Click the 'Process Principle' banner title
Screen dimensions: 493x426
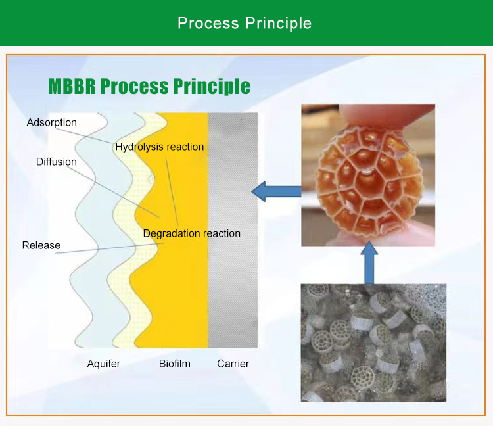pyautogui.click(x=245, y=23)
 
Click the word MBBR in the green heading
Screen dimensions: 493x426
pyautogui.click(x=72, y=86)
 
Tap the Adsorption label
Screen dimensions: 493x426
pyautogui.click(x=51, y=122)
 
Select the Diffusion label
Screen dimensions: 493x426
pyautogui.click(x=57, y=162)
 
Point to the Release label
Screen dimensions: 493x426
pyautogui.click(x=41, y=245)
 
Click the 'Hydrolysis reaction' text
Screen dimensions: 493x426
pyautogui.click(x=160, y=147)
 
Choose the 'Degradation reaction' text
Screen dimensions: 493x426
pyautogui.click(x=192, y=233)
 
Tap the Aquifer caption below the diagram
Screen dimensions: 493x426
pyautogui.click(x=104, y=364)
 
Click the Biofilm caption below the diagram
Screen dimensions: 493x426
pyautogui.click(x=174, y=364)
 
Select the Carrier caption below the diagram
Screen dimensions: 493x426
pyautogui.click(x=233, y=364)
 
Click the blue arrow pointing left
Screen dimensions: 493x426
pyautogui.click(x=276, y=191)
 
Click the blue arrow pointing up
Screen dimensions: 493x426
pyautogui.click(x=369, y=263)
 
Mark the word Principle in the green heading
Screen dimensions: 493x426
pyautogui.click(x=212, y=87)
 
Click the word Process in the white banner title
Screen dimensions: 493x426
pyautogui.click(x=208, y=23)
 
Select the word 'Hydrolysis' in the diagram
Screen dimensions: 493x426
pyautogui.click(x=139, y=147)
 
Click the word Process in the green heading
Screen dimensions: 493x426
pyautogui.click(x=134, y=87)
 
